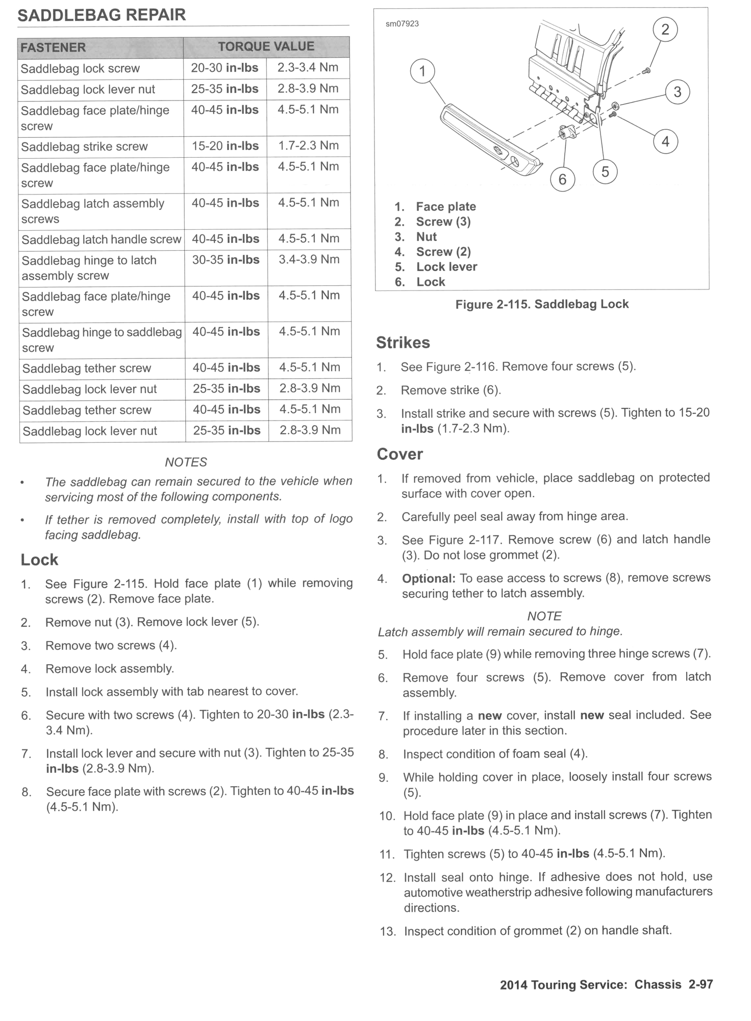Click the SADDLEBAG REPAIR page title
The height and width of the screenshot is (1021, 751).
(102, 15)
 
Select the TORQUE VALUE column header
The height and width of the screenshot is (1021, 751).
(266, 46)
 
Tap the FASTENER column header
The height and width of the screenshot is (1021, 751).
(53, 47)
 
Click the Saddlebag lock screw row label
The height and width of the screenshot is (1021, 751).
(80, 68)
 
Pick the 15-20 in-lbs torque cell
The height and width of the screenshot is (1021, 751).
(225, 146)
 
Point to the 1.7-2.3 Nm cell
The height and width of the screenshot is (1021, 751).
(308, 145)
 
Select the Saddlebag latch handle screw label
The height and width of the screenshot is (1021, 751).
(101, 239)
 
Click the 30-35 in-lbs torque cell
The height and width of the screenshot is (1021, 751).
(226, 260)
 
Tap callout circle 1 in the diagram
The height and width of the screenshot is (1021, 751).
(422, 71)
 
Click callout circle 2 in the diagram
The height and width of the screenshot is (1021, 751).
(665, 30)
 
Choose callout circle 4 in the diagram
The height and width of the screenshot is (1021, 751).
(665, 141)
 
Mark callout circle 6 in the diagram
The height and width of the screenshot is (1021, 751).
(562, 179)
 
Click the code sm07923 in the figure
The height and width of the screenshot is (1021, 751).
(402, 24)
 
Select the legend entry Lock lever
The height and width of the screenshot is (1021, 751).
(446, 267)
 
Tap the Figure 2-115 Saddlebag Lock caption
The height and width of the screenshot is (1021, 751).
(542, 304)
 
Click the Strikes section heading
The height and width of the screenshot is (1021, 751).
(403, 343)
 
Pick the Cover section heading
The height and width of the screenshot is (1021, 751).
(399, 454)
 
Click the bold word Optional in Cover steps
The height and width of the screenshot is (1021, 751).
(428, 578)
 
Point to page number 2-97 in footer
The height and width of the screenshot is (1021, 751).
(700, 985)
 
